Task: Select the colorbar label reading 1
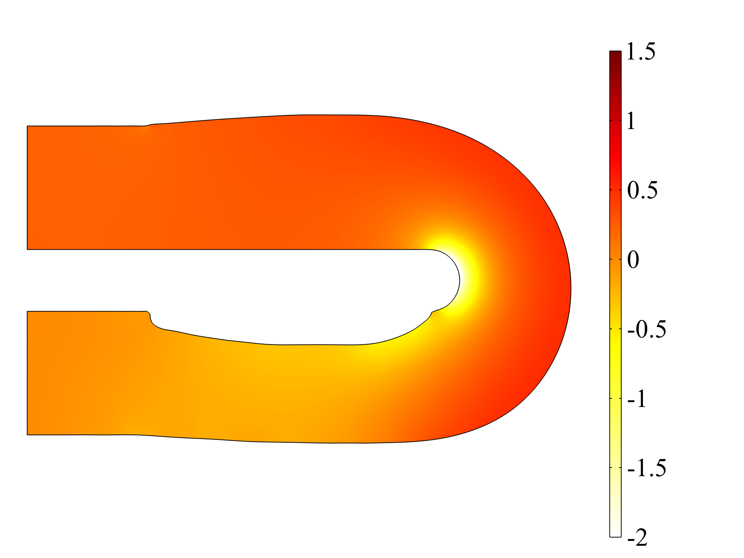coord(631,121)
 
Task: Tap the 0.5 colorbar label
coord(642,190)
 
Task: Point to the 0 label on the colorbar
coord(633,260)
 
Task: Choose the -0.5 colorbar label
coord(647,329)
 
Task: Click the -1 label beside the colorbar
coord(636,399)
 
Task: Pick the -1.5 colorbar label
coord(647,468)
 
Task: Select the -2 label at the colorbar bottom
coord(637,538)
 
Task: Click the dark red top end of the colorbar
coord(615,54)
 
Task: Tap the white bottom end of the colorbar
coord(615,533)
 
